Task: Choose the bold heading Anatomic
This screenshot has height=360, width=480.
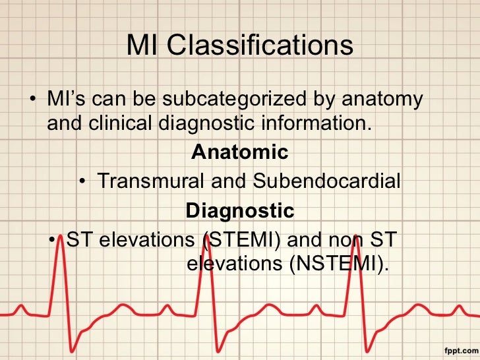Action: point(239,152)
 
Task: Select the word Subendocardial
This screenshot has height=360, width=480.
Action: point(326,181)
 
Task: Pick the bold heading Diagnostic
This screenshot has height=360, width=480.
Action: point(239,210)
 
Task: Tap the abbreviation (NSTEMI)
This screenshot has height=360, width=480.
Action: point(338,264)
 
